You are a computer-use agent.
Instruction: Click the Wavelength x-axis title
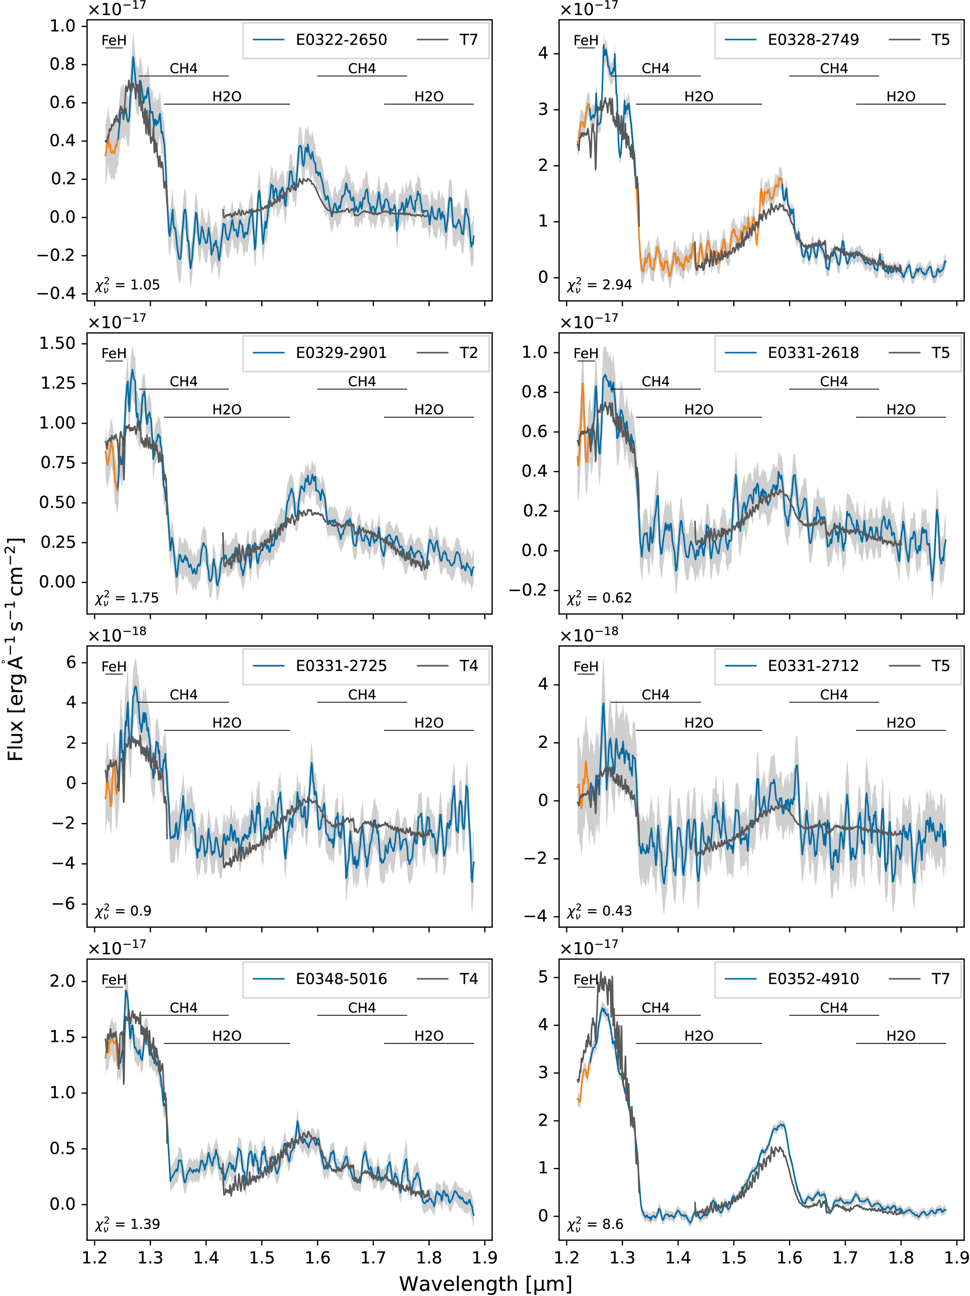point(485,1283)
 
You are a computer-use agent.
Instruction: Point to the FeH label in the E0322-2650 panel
point(113,40)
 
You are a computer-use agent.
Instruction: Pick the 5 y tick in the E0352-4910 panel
point(543,977)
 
